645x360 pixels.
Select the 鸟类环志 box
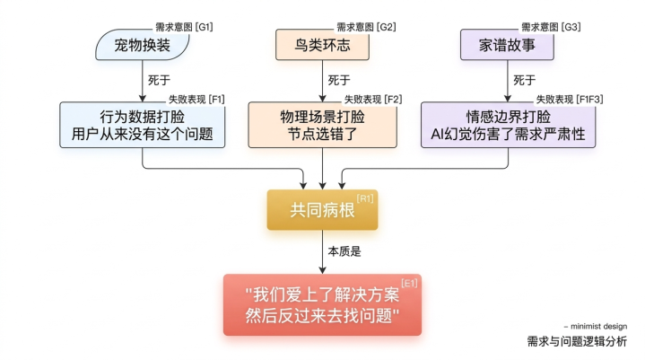(323, 45)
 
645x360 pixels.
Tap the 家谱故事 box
(509, 45)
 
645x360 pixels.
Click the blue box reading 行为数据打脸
(142, 126)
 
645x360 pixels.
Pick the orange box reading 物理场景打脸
(323, 126)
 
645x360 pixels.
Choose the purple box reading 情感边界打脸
(509, 126)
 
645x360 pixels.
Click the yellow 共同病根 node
(322, 210)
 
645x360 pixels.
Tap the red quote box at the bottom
(322, 304)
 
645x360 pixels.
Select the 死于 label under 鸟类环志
(339, 79)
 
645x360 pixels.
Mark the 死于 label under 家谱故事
(525, 79)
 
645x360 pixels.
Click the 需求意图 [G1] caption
(185, 27)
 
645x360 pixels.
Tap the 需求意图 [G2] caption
(366, 27)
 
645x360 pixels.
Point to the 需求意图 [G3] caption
(551, 27)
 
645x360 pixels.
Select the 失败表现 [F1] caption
(196, 98)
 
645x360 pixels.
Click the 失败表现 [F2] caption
(373, 98)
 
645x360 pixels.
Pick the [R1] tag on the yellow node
(365, 198)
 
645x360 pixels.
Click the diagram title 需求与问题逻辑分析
(577, 341)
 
